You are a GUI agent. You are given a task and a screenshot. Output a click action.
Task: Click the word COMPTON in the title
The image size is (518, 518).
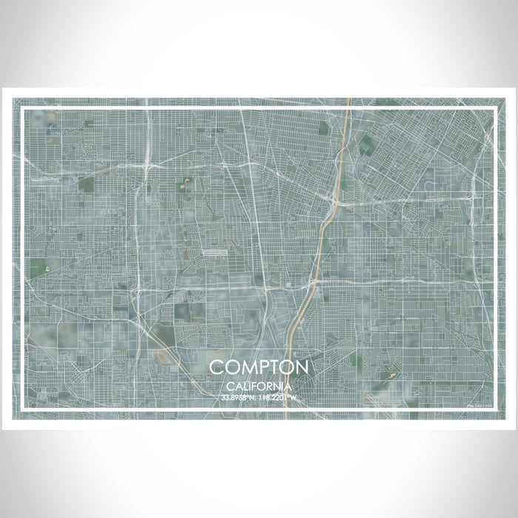[x=258, y=368]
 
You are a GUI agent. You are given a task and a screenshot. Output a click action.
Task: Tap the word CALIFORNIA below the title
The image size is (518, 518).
[x=258, y=386]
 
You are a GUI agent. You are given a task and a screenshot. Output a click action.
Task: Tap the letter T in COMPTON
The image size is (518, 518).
[x=272, y=368]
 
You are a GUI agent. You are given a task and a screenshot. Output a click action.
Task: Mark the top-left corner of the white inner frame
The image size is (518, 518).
[x=24, y=110]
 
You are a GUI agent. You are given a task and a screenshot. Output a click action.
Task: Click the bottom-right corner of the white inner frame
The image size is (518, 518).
[x=494, y=410]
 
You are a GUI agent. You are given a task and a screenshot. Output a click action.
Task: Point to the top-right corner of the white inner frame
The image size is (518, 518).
[x=494, y=110]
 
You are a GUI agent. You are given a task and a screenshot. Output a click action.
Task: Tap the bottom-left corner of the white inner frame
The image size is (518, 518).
[x=24, y=410]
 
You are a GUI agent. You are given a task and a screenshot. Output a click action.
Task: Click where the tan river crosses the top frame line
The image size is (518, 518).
[x=348, y=110]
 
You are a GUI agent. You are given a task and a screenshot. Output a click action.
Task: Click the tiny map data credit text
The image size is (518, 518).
[x=479, y=406]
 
